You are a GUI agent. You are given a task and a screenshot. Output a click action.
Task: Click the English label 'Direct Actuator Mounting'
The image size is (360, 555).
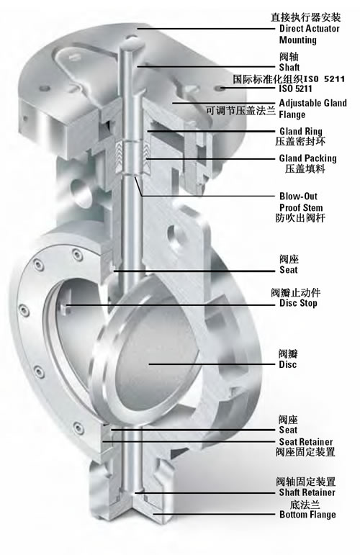pos(310,34)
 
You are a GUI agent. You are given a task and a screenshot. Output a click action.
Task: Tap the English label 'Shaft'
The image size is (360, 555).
pos(289,67)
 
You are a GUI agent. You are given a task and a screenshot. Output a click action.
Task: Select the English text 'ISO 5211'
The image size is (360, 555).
pos(296,89)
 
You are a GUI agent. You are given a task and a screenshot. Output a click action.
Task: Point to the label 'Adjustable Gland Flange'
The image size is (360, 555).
pos(313,109)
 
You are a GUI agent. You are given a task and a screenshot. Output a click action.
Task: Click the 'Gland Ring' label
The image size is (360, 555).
pos(301,131)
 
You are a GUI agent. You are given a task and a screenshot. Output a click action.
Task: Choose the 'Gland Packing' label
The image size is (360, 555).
pos(307,158)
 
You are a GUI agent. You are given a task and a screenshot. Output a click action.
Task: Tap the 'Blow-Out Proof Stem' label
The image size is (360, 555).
pos(301,202)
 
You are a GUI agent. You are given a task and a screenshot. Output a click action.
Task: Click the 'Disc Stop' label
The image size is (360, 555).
pos(298,303)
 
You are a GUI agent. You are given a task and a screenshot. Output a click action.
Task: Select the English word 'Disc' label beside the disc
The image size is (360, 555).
pos(288,364)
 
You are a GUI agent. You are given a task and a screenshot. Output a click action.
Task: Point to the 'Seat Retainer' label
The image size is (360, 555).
pos(306,442)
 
